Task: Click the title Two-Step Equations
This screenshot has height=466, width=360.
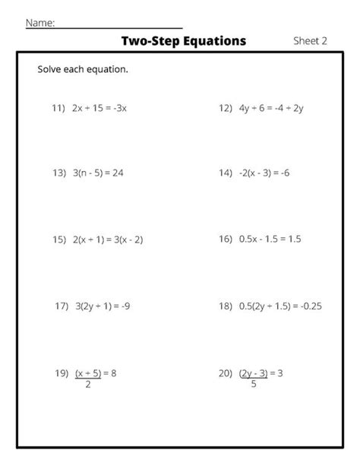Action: pos(183,41)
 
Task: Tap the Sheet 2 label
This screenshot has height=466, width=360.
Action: pos(310,41)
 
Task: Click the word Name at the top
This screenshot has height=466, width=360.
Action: pos(40,23)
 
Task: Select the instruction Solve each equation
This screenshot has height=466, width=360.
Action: pos(83,70)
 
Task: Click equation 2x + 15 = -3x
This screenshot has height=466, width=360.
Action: pos(100,108)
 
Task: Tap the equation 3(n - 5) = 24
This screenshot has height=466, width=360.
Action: pos(99,173)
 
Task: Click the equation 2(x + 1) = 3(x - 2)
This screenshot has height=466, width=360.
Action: pos(109,239)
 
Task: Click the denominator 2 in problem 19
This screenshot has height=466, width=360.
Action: pos(88,385)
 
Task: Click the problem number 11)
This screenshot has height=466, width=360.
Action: pos(58,108)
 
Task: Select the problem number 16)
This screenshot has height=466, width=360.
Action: pos(225,239)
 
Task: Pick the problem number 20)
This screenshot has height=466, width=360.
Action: pos(225,373)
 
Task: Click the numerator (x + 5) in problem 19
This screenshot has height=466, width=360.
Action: pos(88,373)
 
